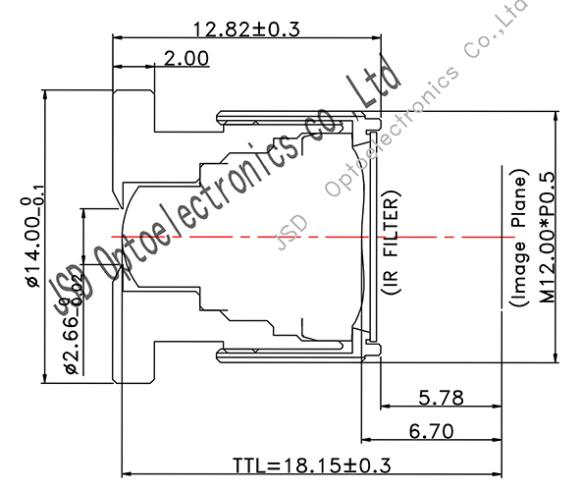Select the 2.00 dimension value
(x=185, y=59)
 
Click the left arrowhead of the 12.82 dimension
(x=119, y=36)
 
